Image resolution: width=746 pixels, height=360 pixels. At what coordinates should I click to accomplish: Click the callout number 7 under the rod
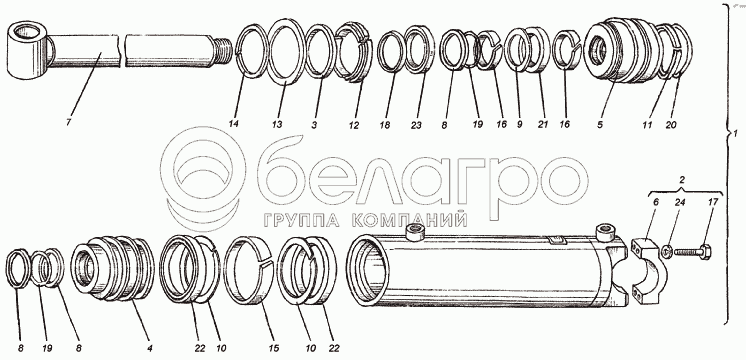[x=69, y=123]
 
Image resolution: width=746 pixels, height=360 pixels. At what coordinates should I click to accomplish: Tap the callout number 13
[x=276, y=124]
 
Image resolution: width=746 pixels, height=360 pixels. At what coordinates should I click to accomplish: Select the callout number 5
[x=600, y=124]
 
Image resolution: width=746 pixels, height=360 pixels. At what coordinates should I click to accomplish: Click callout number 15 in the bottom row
[x=272, y=349]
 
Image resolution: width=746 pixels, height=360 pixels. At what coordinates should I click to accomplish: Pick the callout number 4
[x=149, y=349]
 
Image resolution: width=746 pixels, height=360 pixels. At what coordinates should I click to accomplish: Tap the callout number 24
[x=680, y=203]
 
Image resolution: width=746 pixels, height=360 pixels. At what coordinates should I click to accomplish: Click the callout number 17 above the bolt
[x=711, y=203]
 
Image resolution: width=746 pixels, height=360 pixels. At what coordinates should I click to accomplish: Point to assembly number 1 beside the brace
[x=735, y=134]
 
